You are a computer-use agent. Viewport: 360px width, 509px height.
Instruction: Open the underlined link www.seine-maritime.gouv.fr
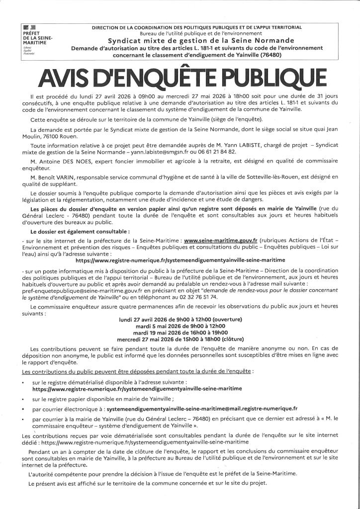click(221, 241)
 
